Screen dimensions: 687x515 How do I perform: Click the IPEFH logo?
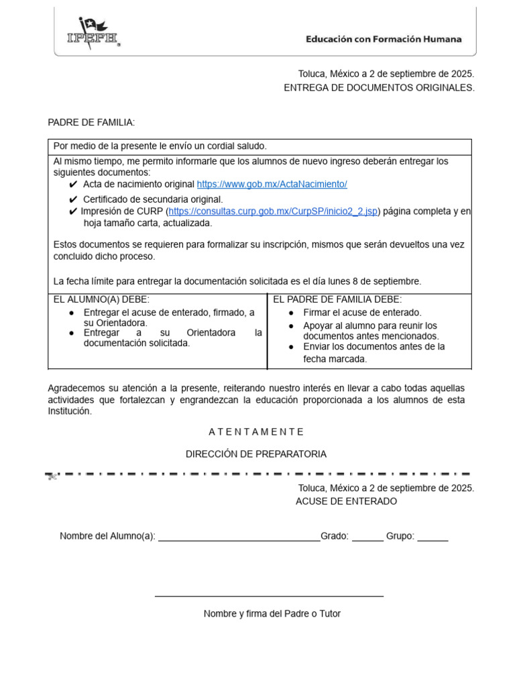coord(93,33)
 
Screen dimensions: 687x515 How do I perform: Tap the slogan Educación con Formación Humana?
coord(384,40)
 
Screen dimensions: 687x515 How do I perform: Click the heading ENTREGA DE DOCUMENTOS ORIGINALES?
coord(379,88)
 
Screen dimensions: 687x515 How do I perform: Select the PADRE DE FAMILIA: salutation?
coord(91,122)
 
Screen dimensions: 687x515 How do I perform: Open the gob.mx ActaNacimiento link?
coord(272,184)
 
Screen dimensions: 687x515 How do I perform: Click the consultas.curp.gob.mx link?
coord(274,211)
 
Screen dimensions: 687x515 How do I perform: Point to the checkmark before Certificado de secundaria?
coord(73,199)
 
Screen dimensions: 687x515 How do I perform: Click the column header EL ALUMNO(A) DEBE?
coord(101,299)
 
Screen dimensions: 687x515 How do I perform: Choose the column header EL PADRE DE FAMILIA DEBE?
coord(337,299)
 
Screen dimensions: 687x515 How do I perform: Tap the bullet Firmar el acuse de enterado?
coord(362,313)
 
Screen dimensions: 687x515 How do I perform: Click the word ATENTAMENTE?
coord(256,431)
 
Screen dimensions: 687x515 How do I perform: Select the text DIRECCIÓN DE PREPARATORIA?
coord(256,454)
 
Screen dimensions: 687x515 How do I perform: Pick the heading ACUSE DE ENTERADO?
coord(346,501)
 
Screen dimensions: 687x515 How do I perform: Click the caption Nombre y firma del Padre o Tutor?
coord(272,614)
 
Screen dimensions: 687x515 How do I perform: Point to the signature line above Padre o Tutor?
coord(269,596)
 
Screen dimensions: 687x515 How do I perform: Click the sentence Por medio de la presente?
coord(160,146)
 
